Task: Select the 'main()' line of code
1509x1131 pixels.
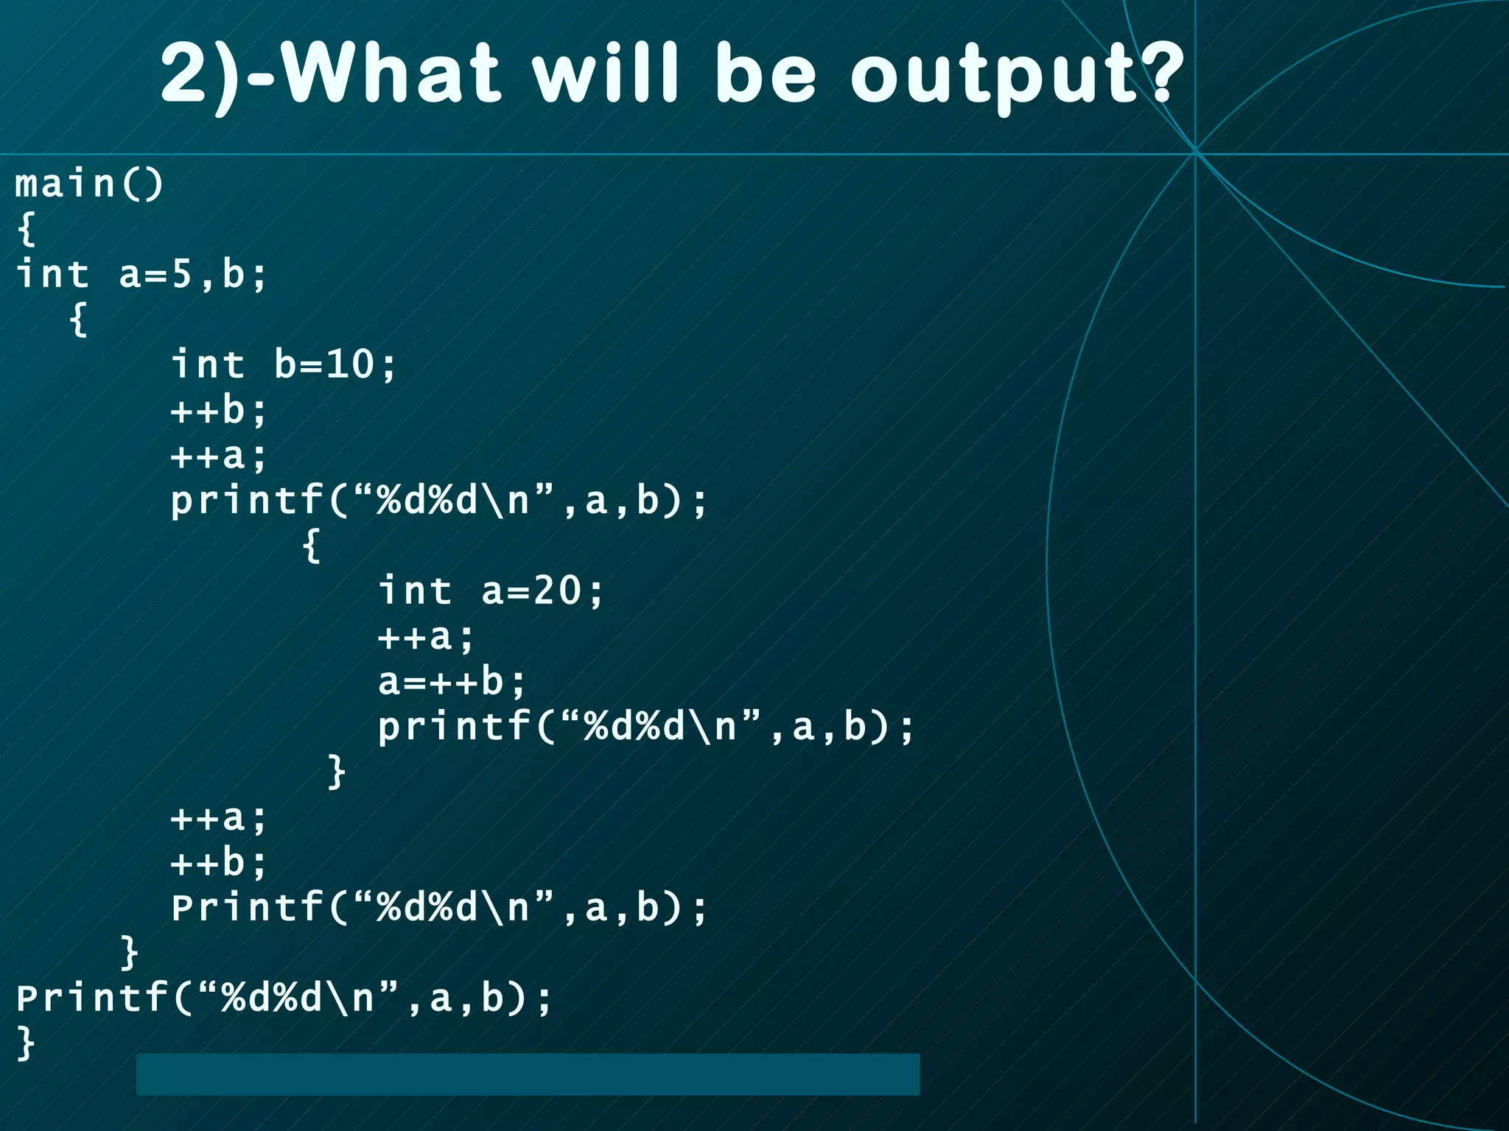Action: [x=89, y=183]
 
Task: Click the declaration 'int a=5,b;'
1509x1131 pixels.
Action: [x=140, y=274]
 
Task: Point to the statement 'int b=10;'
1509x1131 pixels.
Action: [x=284, y=364]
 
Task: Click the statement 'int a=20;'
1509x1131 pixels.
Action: [x=491, y=591]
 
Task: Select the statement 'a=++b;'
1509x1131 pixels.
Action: [x=452, y=681]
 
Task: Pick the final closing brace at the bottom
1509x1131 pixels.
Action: [x=26, y=1043]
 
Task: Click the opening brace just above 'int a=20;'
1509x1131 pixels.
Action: [x=312, y=546]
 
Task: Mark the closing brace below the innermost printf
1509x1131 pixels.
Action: [x=336, y=772]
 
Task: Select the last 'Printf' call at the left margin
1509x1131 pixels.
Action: [x=284, y=998]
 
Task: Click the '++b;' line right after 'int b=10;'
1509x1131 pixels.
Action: [x=218, y=410]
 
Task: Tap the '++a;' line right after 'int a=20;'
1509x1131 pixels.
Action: [x=425, y=636]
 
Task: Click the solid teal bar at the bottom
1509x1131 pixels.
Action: [x=528, y=1074]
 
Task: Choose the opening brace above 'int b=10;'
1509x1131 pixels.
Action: [x=78, y=319]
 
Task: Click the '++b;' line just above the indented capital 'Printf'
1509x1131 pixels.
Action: [x=218, y=862]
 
